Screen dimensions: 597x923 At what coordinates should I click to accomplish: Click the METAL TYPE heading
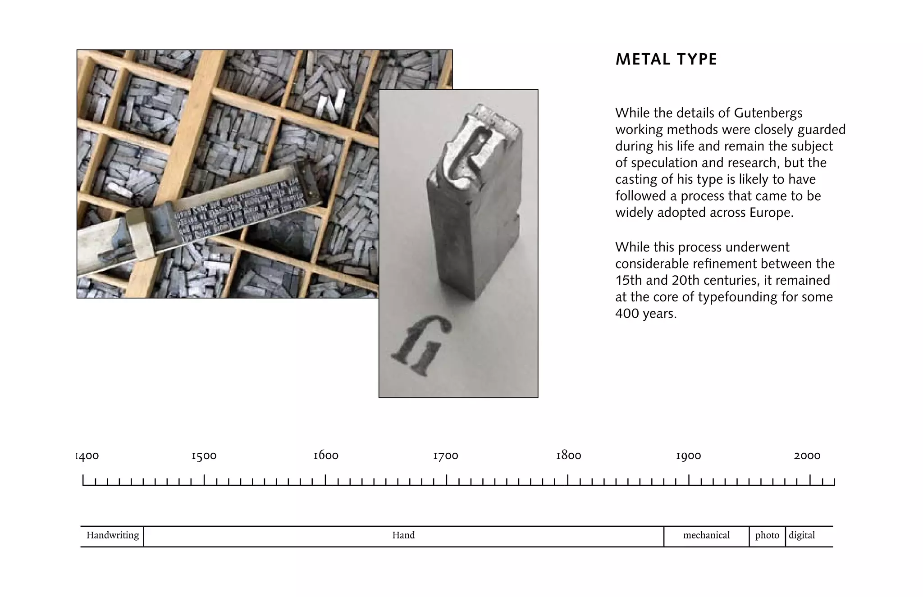[x=666, y=59]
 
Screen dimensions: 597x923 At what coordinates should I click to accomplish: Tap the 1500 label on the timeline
[x=204, y=456]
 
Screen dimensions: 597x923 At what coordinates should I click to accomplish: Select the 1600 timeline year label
[x=325, y=456]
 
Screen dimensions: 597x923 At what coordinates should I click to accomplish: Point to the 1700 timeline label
[x=445, y=456]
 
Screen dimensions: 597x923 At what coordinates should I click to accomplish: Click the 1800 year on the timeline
[x=568, y=456]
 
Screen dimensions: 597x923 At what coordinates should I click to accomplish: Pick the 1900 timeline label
[x=688, y=456]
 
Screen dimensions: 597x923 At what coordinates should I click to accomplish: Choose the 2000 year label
[x=807, y=456]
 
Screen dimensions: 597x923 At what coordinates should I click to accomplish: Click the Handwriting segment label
[x=113, y=535]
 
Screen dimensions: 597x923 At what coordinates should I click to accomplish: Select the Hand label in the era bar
[x=403, y=535]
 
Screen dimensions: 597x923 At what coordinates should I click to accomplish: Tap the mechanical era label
[x=706, y=535]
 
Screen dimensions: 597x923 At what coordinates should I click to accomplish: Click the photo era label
[x=767, y=535]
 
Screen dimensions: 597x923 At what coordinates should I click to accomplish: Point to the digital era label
[x=802, y=535]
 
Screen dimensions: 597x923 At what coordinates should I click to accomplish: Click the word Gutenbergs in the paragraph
[x=768, y=113]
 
